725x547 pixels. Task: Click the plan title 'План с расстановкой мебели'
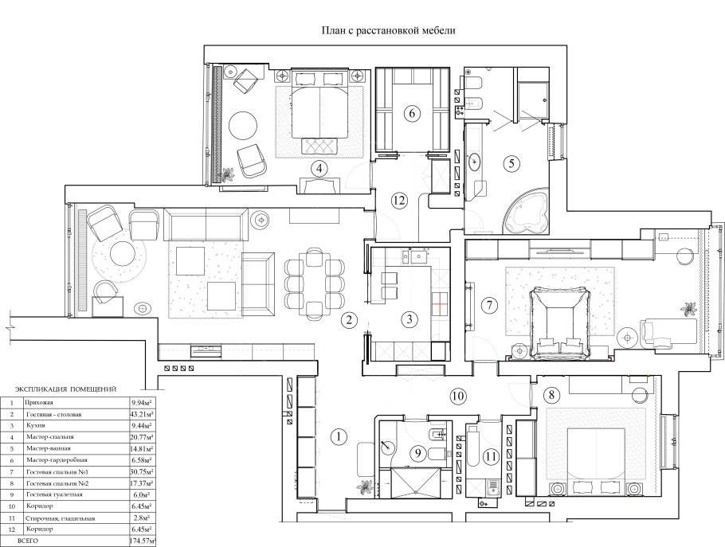pos(389,30)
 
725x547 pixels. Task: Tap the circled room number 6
pos(412,113)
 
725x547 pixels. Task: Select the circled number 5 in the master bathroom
pos(511,163)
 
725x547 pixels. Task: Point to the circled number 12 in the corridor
pos(399,201)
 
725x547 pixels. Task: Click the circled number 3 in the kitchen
pos(410,318)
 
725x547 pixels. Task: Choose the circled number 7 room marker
pos(489,305)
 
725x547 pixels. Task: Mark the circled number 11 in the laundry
pos(491,457)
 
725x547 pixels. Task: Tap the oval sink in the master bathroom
pos(475,162)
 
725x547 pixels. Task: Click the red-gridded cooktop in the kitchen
pos(441,303)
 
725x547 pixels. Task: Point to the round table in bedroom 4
pos(243,125)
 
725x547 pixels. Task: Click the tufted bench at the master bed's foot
pos(319,147)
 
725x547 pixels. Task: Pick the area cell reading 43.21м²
pos(142,414)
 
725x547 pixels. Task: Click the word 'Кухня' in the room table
pos(36,425)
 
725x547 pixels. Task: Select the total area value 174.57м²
pos(143,541)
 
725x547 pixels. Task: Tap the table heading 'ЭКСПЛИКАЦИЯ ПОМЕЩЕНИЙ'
pos(65,389)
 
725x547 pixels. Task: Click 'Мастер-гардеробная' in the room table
pos(57,459)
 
